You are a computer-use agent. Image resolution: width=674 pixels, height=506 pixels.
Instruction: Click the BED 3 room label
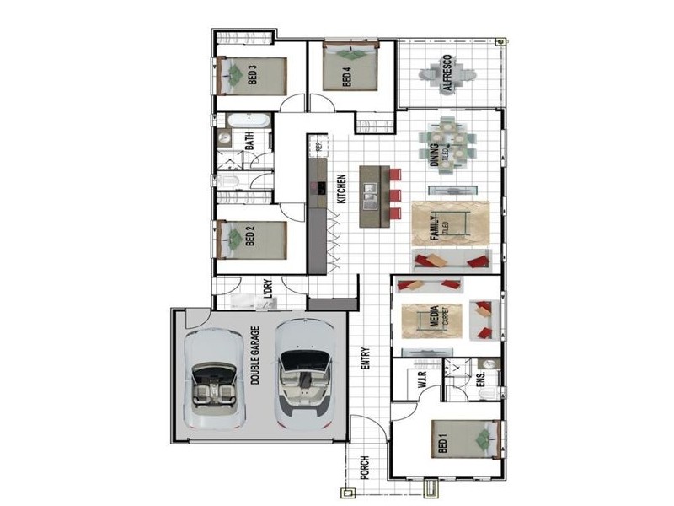tap(252, 77)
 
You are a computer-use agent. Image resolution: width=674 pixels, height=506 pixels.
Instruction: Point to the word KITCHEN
tap(342, 189)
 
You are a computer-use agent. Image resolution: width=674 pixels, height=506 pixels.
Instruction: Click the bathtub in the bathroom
tap(243, 119)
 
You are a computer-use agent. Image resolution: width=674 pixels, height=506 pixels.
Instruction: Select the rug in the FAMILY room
tap(450, 224)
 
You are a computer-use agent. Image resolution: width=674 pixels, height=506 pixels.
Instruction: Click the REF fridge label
tap(319, 147)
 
